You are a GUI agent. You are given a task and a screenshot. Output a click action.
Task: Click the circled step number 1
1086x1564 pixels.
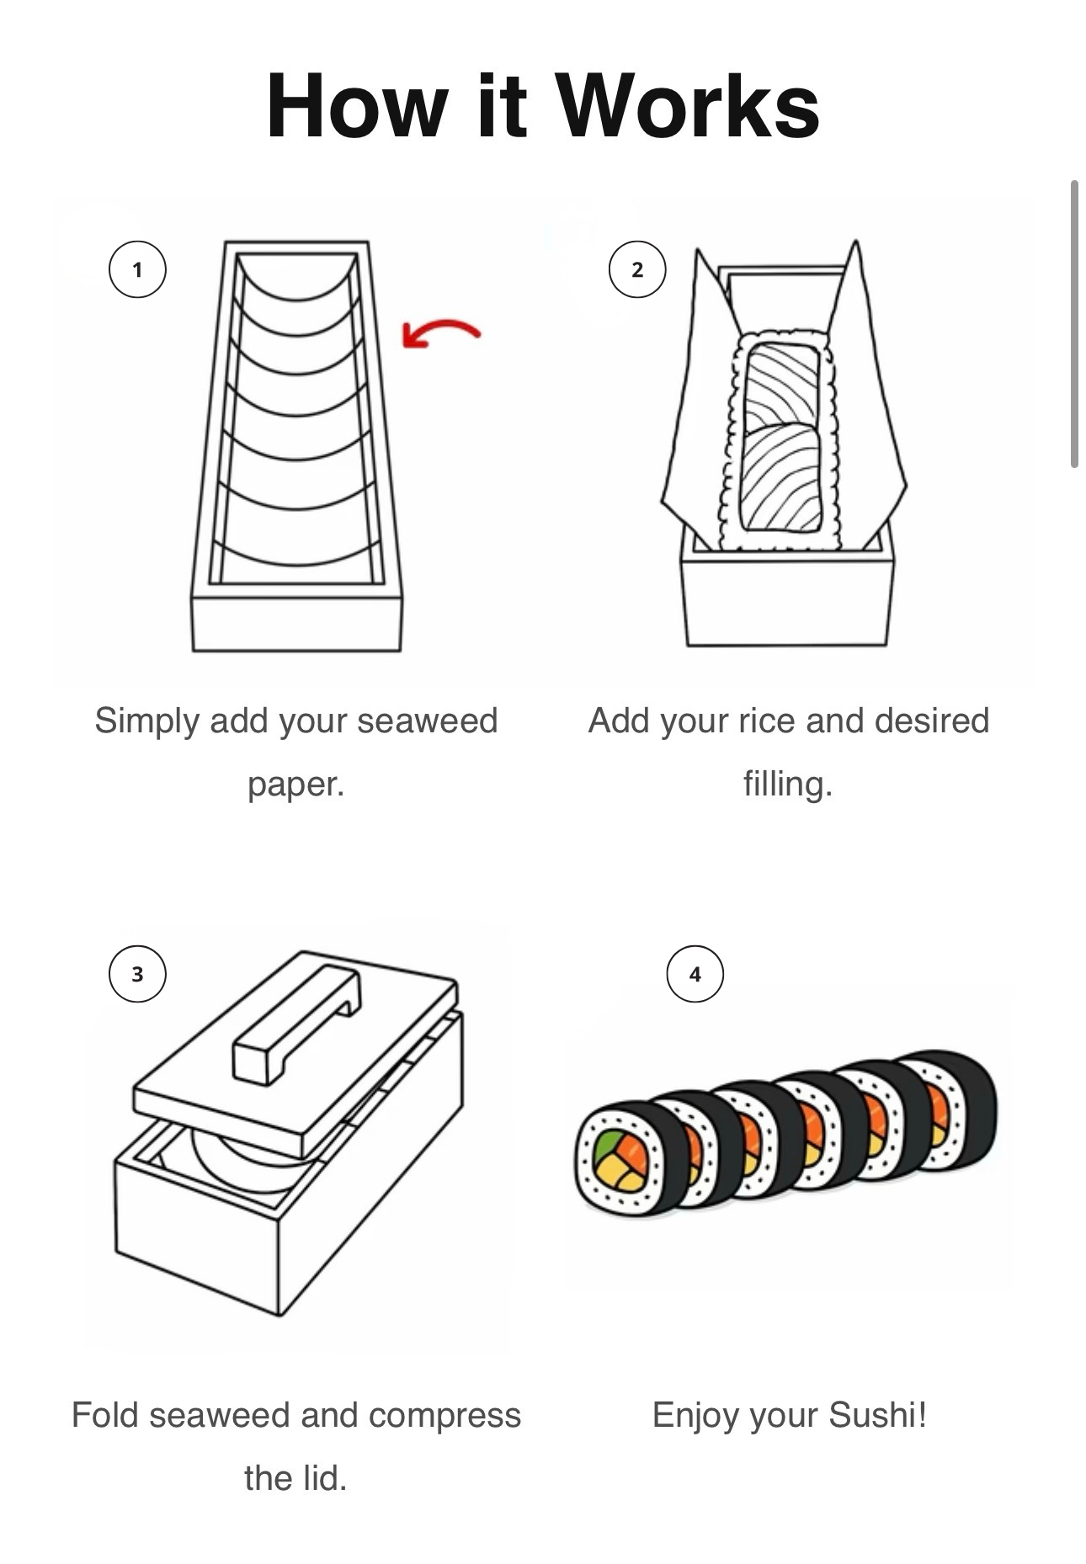click(x=137, y=269)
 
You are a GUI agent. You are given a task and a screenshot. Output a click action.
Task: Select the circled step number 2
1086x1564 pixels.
click(x=637, y=269)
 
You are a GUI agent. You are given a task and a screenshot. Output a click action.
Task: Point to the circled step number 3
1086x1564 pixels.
click(x=137, y=974)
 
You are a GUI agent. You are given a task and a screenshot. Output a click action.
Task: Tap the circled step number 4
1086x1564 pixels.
click(x=695, y=974)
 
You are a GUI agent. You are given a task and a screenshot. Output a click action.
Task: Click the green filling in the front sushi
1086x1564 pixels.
click(x=609, y=1145)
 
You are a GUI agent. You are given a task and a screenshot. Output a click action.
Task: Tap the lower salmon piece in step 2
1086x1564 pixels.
click(x=780, y=478)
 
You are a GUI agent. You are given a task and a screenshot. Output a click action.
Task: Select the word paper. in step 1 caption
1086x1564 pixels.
click(x=295, y=784)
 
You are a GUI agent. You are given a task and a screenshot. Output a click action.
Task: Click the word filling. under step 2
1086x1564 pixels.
click(x=787, y=784)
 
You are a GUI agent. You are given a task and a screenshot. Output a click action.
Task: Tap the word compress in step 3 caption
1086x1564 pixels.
click(x=445, y=1415)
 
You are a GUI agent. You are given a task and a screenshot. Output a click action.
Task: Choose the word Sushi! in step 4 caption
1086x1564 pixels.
click(x=877, y=1415)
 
